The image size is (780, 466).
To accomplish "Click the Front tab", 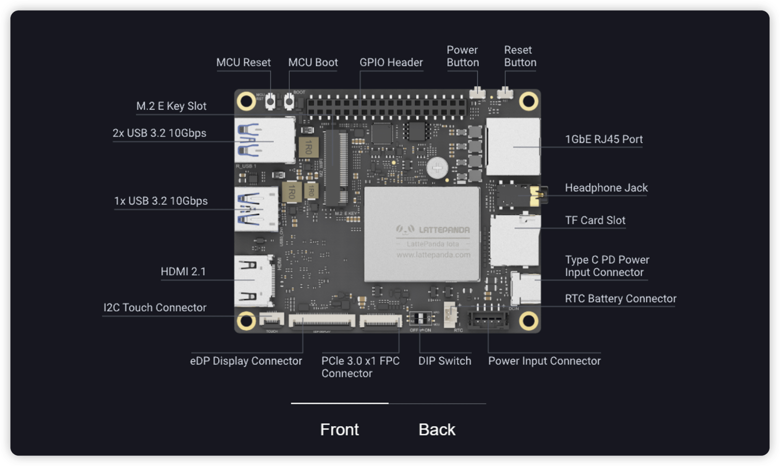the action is (339, 429).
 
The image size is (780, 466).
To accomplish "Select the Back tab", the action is (437, 429).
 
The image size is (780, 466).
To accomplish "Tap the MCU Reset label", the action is (243, 62).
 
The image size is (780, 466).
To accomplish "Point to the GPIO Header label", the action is (391, 62).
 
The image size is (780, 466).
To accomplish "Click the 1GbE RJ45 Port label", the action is (604, 139).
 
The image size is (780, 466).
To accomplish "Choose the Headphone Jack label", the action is (606, 188).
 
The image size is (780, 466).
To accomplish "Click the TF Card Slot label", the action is (595, 220).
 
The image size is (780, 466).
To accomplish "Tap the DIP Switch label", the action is (444, 361).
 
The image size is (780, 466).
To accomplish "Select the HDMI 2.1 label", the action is (183, 271).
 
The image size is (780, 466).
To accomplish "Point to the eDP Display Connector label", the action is (246, 361).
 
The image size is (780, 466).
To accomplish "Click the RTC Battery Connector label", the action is (620, 298).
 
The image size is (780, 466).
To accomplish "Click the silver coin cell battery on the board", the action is (437, 168).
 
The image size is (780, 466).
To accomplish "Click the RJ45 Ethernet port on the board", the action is (513, 146).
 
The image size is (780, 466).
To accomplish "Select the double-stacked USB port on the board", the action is (264, 140).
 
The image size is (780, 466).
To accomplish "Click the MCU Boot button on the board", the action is (289, 101).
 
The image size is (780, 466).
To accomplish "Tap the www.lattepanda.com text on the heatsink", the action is (433, 255).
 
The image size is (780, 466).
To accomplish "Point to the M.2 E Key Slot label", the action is (171, 106).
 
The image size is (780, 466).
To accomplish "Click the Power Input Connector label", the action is (544, 361).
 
